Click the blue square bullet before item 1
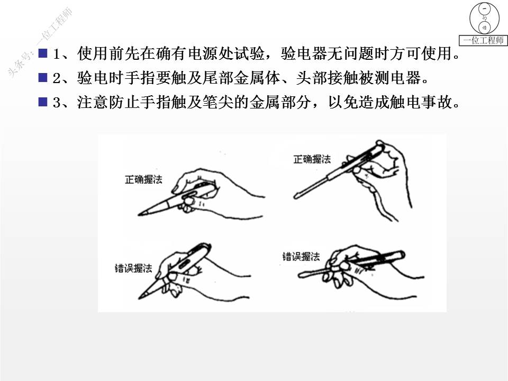pos(43,53)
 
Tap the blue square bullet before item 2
pos(43,77)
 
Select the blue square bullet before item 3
pos(43,102)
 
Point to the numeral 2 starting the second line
pos(57,78)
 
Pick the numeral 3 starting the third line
pos(57,102)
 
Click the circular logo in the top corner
pos(484,18)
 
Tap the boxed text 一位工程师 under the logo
pos(483,40)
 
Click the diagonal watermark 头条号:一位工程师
pos(40,42)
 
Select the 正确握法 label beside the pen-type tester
pos(143,179)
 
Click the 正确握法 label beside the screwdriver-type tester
pos(312,159)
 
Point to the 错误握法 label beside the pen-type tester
pos(133,268)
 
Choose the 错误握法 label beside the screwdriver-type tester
pos(301,257)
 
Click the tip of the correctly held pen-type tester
pos(139,214)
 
